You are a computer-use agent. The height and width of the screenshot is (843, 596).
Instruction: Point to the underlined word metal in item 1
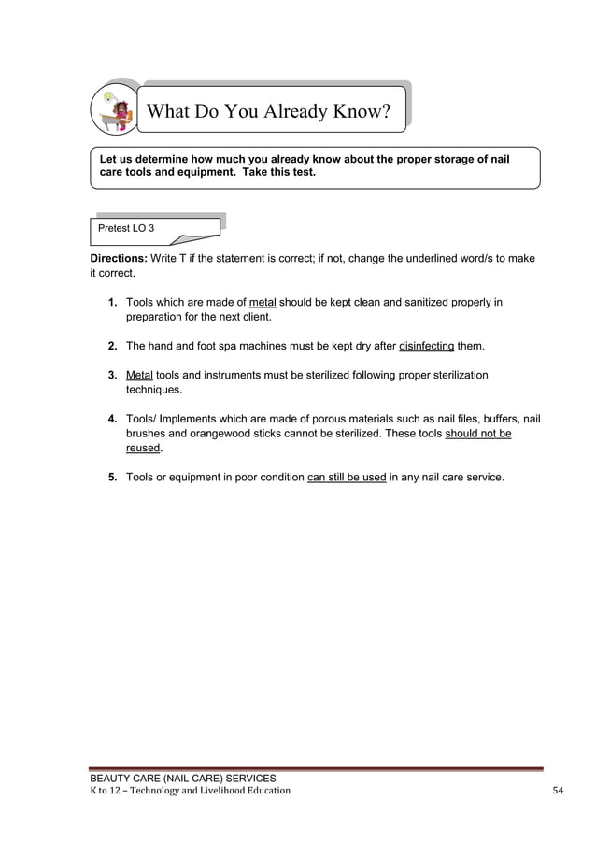click(263, 303)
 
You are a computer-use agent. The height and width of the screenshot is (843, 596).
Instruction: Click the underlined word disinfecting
click(426, 346)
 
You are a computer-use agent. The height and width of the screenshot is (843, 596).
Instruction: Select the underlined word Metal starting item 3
click(139, 375)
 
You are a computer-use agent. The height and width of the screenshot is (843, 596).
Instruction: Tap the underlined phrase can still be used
click(347, 478)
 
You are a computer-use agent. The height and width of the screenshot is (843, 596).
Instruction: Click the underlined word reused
click(143, 449)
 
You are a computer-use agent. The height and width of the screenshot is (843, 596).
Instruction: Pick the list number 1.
click(112, 303)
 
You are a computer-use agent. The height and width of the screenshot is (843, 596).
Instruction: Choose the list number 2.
click(112, 346)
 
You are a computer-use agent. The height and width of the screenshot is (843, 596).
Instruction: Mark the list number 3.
click(112, 375)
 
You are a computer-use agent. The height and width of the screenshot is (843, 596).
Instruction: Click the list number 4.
click(112, 419)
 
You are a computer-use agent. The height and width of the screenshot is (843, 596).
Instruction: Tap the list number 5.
click(112, 478)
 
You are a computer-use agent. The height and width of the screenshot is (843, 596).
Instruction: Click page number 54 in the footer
click(558, 791)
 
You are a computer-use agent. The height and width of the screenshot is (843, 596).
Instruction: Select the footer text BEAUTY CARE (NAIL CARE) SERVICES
click(182, 778)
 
